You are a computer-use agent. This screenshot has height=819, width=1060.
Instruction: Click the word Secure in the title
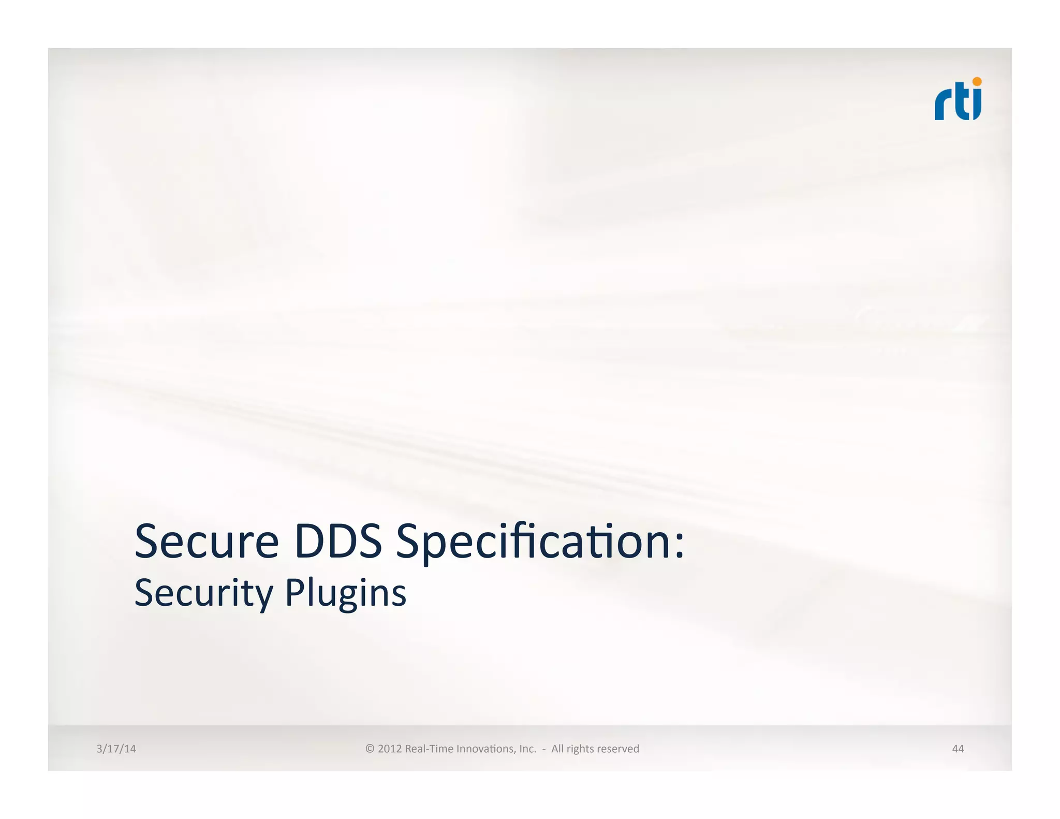207,542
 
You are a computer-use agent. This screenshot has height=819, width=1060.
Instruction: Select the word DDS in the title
338,542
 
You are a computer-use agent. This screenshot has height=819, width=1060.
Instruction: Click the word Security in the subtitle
203,593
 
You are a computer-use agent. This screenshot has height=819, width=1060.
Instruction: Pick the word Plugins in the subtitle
345,593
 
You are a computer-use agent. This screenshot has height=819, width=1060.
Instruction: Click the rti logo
958,99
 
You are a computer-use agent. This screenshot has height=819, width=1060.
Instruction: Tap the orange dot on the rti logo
977,82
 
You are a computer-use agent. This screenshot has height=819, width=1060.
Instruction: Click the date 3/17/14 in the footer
116,749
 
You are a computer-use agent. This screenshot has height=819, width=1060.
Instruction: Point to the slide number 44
958,749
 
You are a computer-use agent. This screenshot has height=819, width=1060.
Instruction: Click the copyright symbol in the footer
370,749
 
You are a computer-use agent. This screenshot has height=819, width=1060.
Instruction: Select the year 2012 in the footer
390,749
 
